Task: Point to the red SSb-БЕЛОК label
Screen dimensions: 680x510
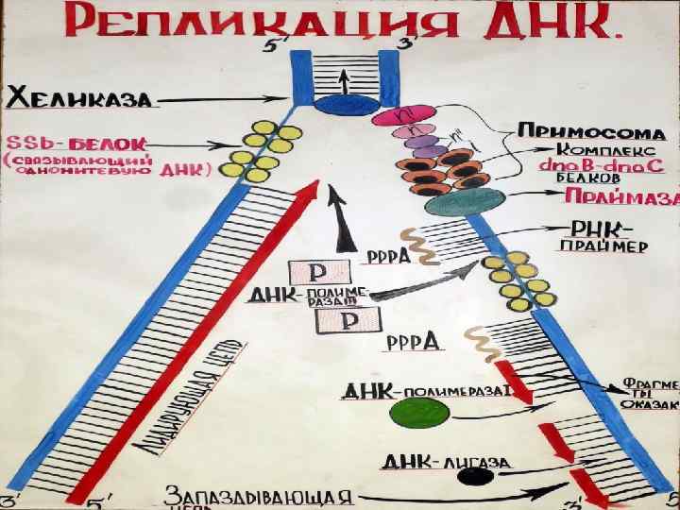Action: point(75,143)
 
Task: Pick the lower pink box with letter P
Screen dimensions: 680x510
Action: point(342,322)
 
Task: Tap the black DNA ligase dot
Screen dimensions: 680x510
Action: point(467,477)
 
